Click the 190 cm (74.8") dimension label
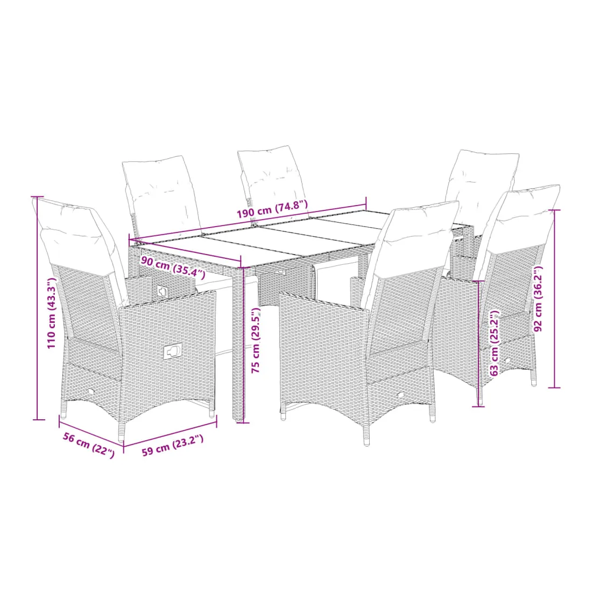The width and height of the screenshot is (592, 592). [272, 210]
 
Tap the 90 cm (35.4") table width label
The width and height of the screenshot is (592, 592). [173, 266]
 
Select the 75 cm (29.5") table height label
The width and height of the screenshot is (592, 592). [256, 340]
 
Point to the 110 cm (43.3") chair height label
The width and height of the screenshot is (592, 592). [51, 313]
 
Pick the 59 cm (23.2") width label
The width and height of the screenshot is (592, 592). [173, 446]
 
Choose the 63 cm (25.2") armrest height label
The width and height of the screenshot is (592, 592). [494, 343]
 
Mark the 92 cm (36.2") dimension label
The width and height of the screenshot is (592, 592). [538, 299]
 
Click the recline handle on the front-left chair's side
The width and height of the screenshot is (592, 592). [173, 351]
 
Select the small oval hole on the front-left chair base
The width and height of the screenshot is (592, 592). [91, 391]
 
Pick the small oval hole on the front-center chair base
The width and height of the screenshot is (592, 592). [400, 395]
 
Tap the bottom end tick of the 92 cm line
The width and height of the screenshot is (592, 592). [554, 387]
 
